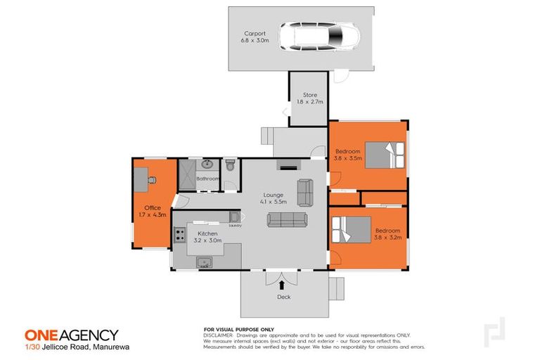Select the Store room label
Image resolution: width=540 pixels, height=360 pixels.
coord(309,95)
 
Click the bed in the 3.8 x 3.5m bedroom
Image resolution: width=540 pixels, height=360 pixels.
coord(384,155)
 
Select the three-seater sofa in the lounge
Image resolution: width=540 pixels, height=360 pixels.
coord(286,220)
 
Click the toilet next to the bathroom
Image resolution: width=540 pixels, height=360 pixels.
coord(230,167)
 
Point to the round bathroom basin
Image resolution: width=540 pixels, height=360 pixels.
coord(207,165)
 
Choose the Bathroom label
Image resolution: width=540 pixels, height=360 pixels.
coord(207,179)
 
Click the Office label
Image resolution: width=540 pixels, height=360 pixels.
coord(153,207)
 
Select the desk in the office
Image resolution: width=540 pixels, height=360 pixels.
coord(143,176)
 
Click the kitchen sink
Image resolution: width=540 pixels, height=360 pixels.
coord(205,263)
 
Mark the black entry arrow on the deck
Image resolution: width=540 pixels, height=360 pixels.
coord(282,285)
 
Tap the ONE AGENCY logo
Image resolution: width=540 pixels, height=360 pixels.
coord(71,335)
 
